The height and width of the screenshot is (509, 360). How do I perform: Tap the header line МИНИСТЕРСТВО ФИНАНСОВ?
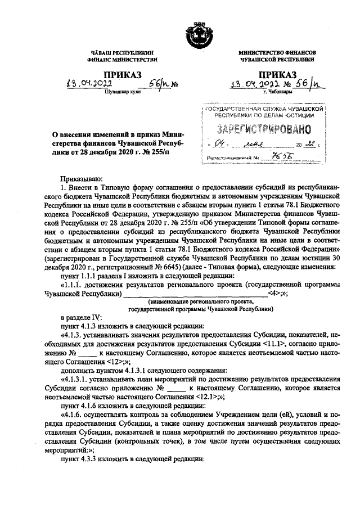coord(277,52)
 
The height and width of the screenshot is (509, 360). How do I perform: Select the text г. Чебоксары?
coord(276,93)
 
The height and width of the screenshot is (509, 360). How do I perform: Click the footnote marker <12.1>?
coord(209,397)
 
